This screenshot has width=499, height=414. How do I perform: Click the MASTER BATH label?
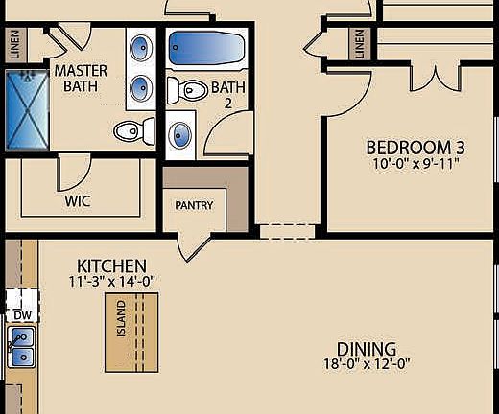[x=82, y=79]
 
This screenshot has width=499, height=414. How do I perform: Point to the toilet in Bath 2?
[x=187, y=91]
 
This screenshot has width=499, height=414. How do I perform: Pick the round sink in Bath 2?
[x=181, y=134]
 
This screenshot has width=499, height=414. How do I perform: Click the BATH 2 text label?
[x=228, y=94]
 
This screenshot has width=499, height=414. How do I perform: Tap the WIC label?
[x=78, y=202]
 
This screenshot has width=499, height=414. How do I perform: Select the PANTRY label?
[x=193, y=205]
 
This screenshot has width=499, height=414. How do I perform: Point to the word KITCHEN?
[x=111, y=265]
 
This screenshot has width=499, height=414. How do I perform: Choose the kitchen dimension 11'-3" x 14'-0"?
[x=111, y=282]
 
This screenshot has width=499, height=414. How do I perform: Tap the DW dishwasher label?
[x=21, y=314]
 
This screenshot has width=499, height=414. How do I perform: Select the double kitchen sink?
[x=20, y=347]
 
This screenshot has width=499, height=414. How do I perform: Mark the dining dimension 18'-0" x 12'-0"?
[x=367, y=364]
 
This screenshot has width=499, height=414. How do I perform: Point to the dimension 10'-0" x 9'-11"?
[x=416, y=163]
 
